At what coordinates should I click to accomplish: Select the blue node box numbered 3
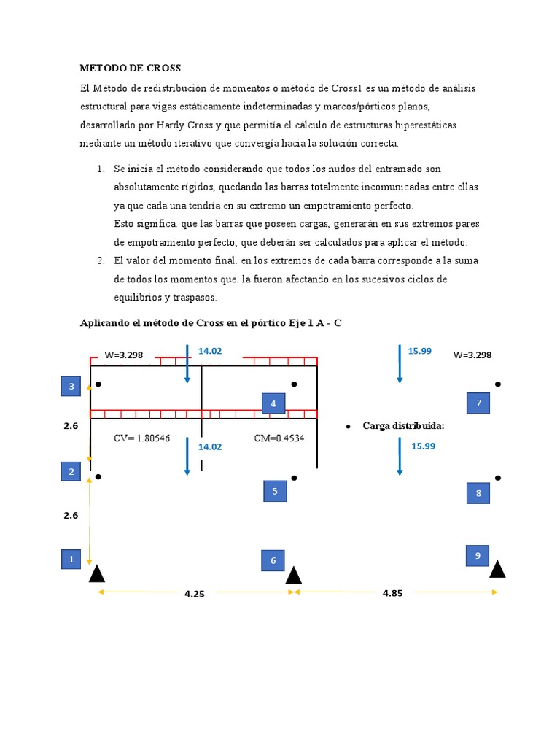point(71,387)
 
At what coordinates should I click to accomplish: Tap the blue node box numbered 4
point(273,403)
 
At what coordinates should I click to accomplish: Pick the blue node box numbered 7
point(478,403)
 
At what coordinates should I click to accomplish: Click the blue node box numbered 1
point(71,560)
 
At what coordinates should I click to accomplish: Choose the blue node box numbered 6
point(273,560)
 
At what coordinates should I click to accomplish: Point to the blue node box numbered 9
point(478,555)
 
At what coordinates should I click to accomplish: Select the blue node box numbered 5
point(275,491)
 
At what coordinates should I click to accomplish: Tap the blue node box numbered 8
point(478,493)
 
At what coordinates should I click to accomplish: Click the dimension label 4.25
point(195,594)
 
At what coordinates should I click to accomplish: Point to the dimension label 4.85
point(392,593)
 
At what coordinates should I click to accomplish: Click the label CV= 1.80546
point(141,438)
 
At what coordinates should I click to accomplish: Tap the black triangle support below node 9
point(497,569)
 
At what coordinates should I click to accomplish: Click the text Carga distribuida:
point(403,426)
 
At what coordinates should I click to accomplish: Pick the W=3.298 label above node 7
point(472,355)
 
